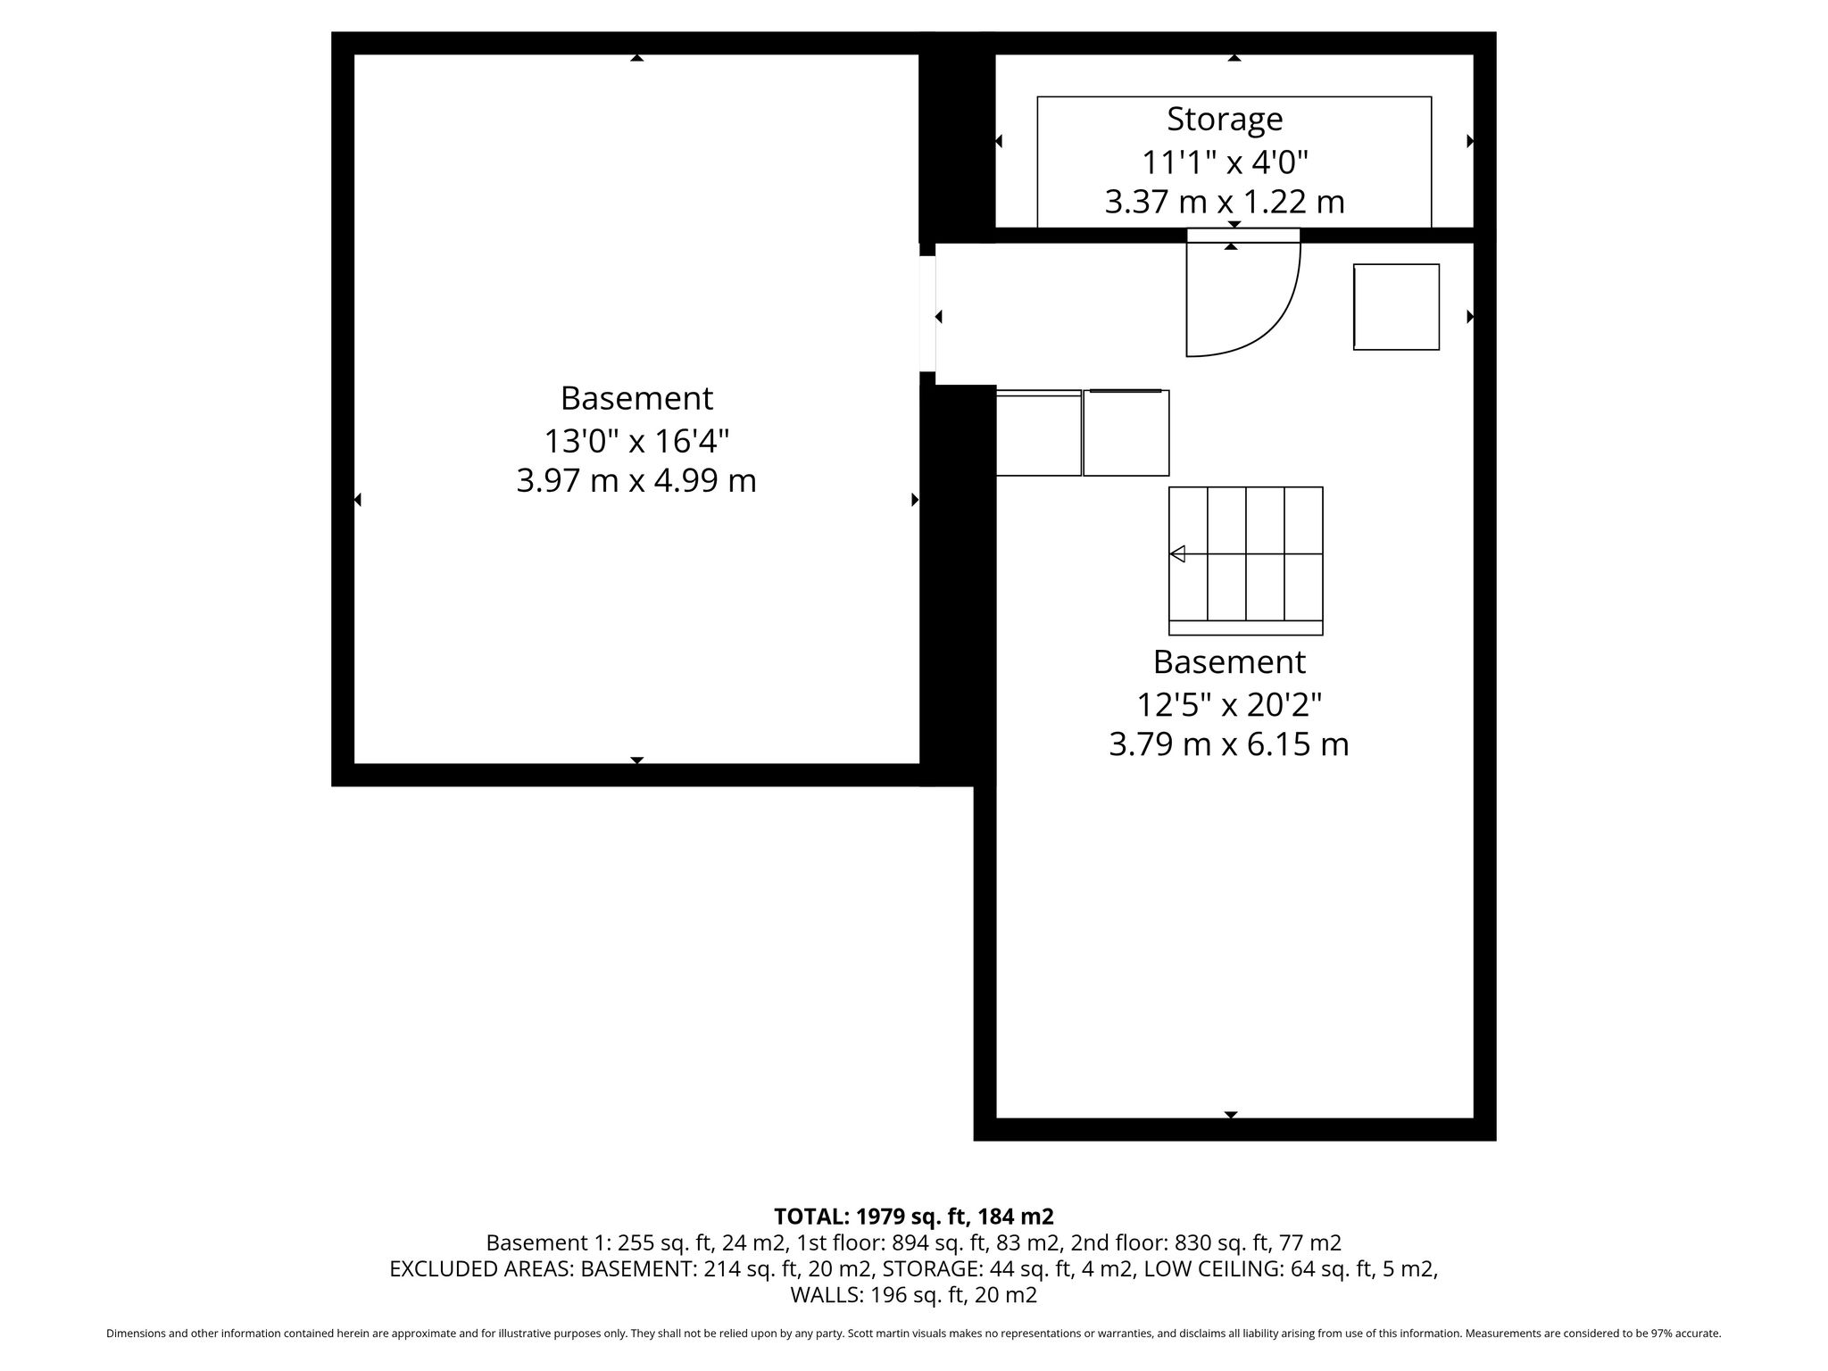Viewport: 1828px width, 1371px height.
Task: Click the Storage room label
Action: (x=1225, y=119)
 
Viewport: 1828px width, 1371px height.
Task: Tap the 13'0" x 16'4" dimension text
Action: (x=636, y=440)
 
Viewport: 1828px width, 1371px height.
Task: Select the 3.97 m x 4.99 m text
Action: (x=636, y=481)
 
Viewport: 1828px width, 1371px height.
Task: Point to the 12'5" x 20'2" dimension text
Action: (x=1229, y=705)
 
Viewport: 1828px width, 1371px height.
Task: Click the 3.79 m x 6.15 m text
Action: (x=1229, y=744)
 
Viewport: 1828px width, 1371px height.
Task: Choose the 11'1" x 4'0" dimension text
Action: (x=1225, y=162)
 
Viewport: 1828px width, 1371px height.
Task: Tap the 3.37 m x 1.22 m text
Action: (x=1225, y=202)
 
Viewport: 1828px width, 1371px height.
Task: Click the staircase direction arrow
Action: (x=1177, y=554)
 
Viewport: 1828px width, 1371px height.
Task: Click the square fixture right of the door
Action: (x=1396, y=307)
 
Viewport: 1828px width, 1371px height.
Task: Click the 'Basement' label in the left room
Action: (x=636, y=397)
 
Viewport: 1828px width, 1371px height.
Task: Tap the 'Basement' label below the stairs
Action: (x=1229, y=662)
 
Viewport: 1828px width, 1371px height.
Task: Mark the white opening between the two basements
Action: (x=927, y=313)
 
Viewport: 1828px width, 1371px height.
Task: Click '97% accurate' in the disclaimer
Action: (x=1683, y=1334)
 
